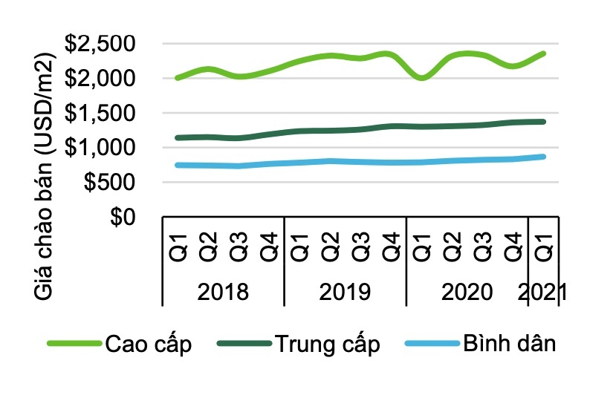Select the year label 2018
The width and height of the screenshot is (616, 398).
pos(222,291)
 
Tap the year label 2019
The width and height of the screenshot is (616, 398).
pos(345,291)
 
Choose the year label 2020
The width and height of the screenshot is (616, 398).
pos(467,291)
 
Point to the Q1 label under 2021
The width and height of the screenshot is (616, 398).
pos(543,246)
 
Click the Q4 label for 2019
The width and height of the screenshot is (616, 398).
pos(391,246)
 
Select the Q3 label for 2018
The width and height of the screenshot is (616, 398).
pos(238,246)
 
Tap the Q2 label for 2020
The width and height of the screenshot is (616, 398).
pos(452,246)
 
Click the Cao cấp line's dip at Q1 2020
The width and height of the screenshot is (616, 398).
pos(422,77)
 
